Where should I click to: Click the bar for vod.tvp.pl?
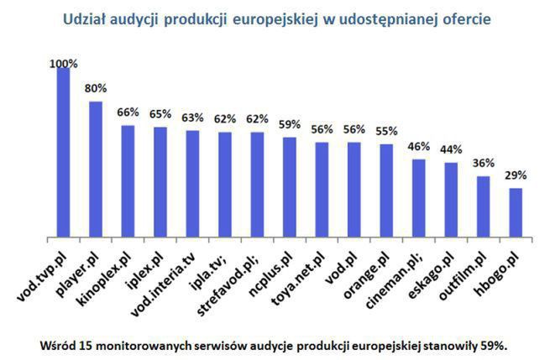(x=63, y=152)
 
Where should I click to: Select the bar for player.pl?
(x=95, y=169)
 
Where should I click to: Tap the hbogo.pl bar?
(x=516, y=212)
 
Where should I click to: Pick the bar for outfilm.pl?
(x=484, y=206)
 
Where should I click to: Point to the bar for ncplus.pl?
(x=290, y=186)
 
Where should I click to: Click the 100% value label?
(x=64, y=63)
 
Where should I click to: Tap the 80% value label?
(x=96, y=87)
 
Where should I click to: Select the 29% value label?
(x=516, y=175)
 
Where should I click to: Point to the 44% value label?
(x=452, y=149)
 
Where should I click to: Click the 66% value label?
(x=128, y=112)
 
